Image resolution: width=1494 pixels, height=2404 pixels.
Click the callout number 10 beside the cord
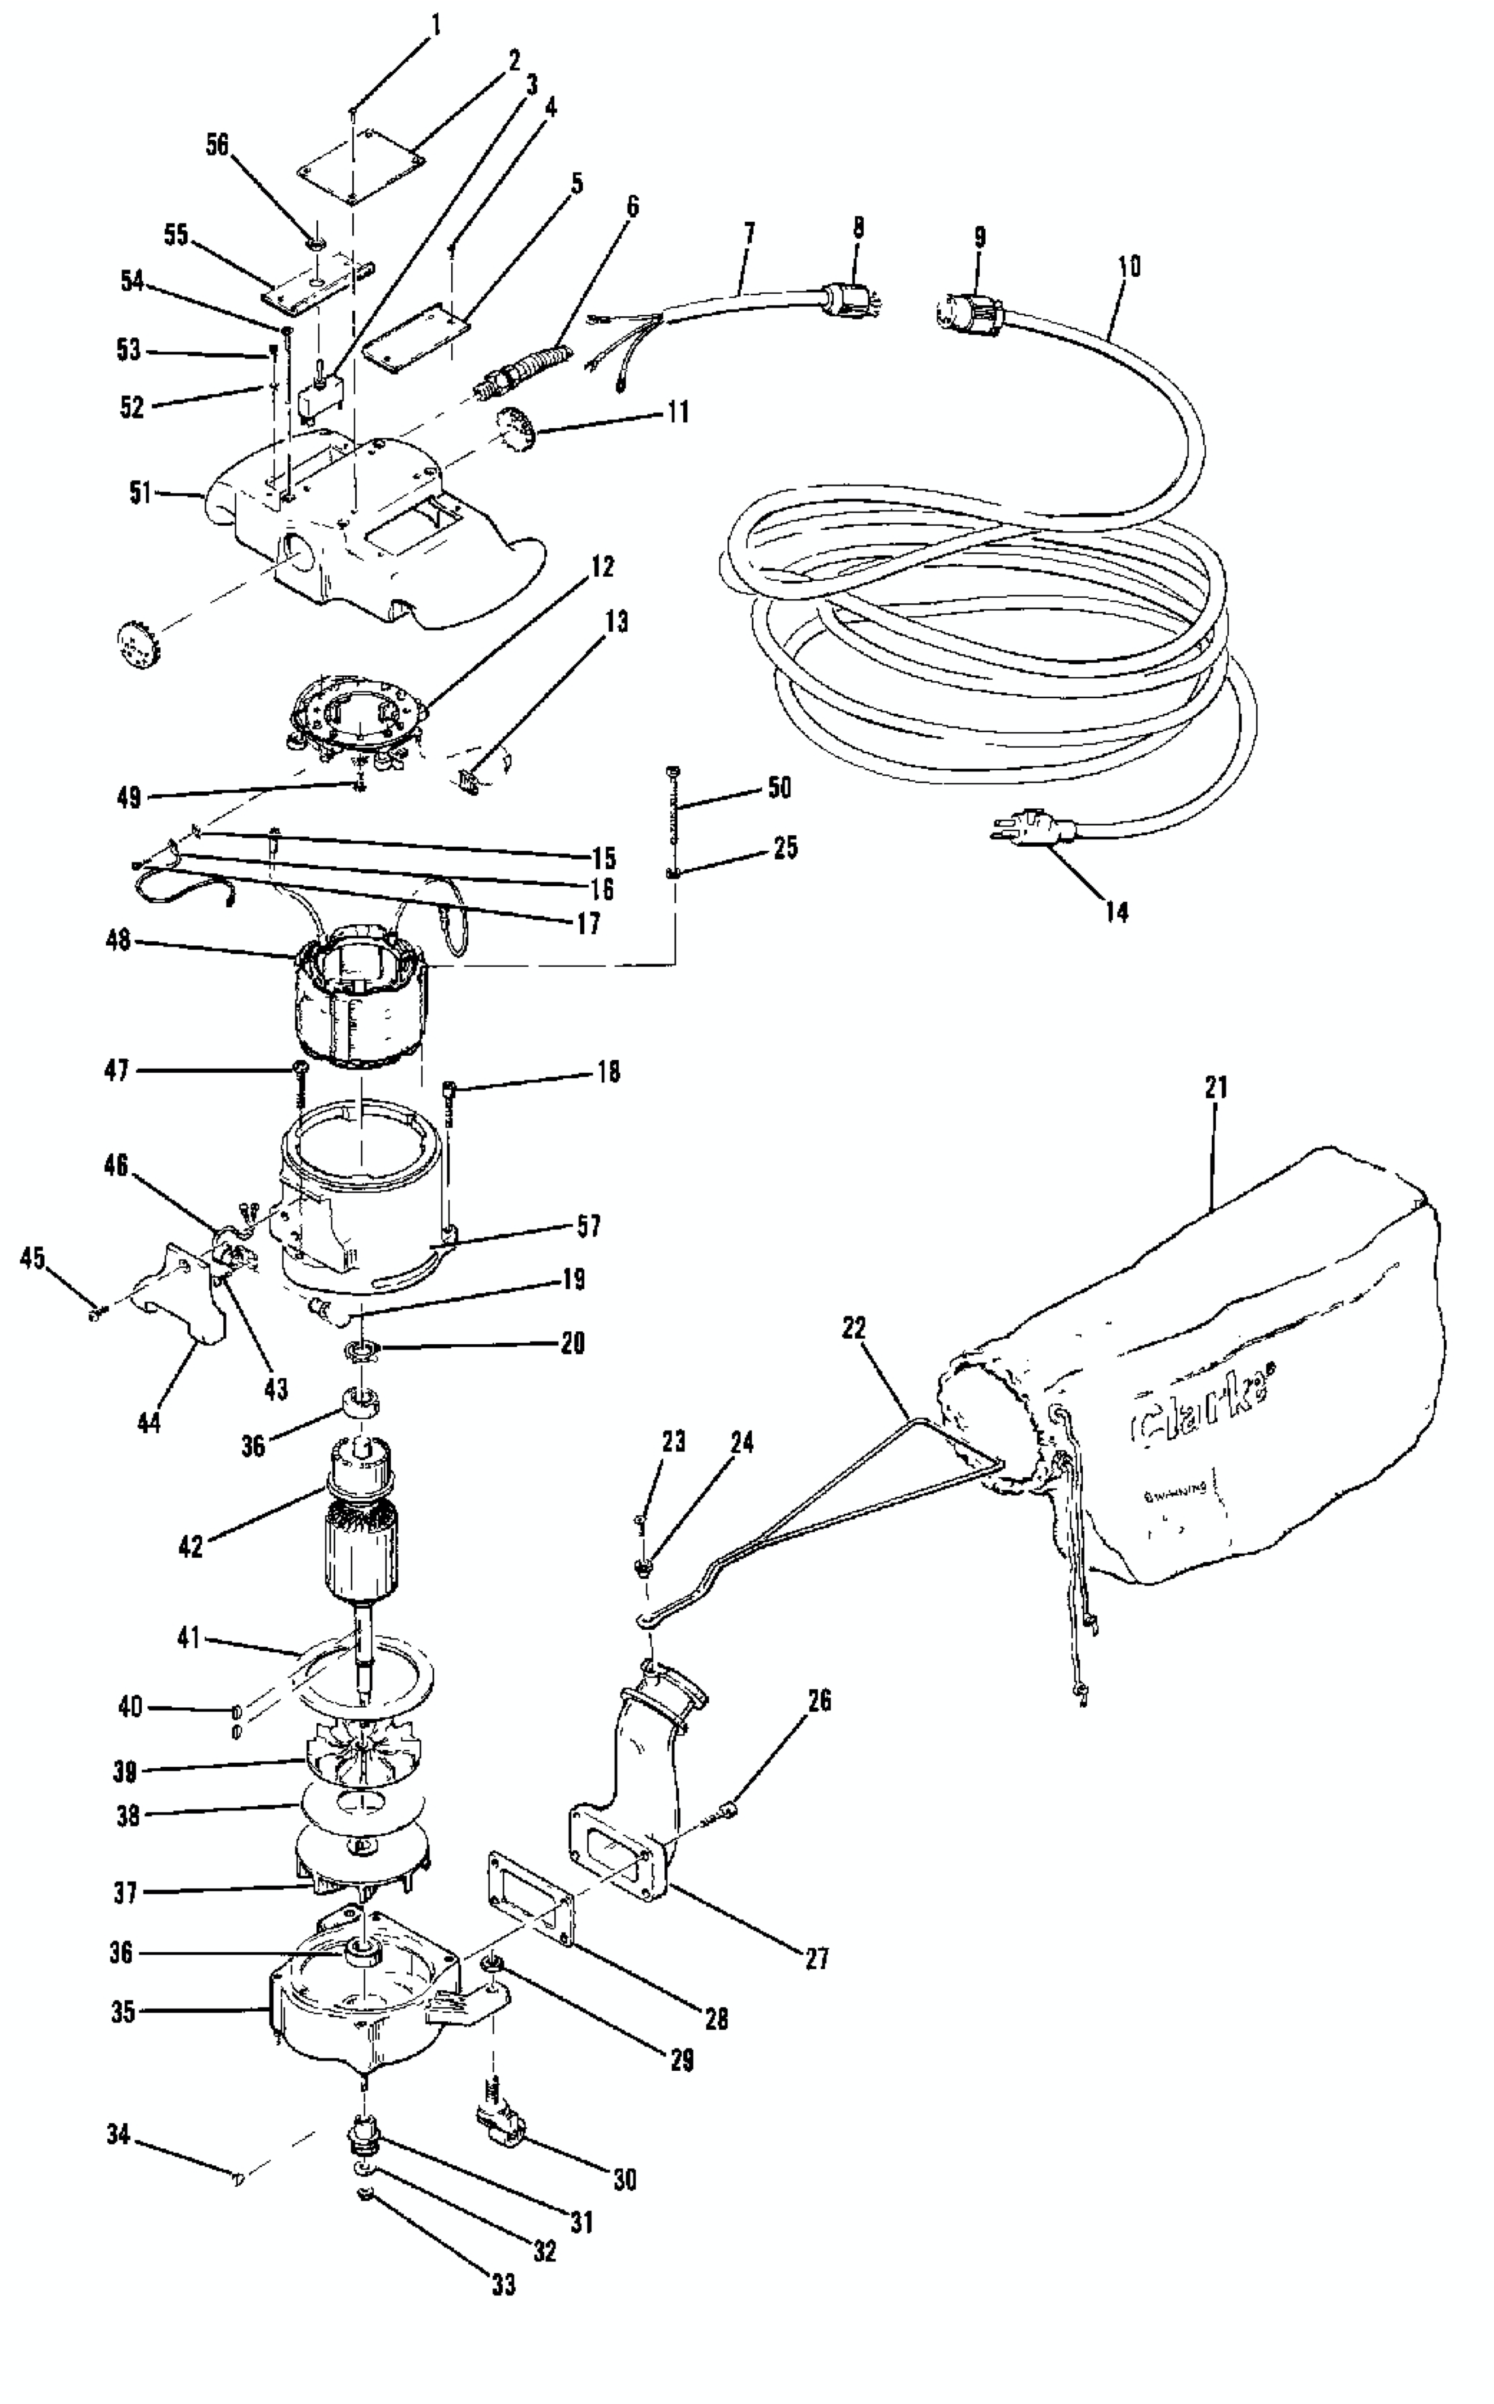pyautogui.click(x=1130, y=266)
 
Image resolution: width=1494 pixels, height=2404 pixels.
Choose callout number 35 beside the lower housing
pyautogui.click(x=123, y=2012)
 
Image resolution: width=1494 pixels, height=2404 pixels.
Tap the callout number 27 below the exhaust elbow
pyautogui.click(x=816, y=1958)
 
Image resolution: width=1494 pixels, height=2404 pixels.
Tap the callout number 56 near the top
pyautogui.click(x=216, y=145)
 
